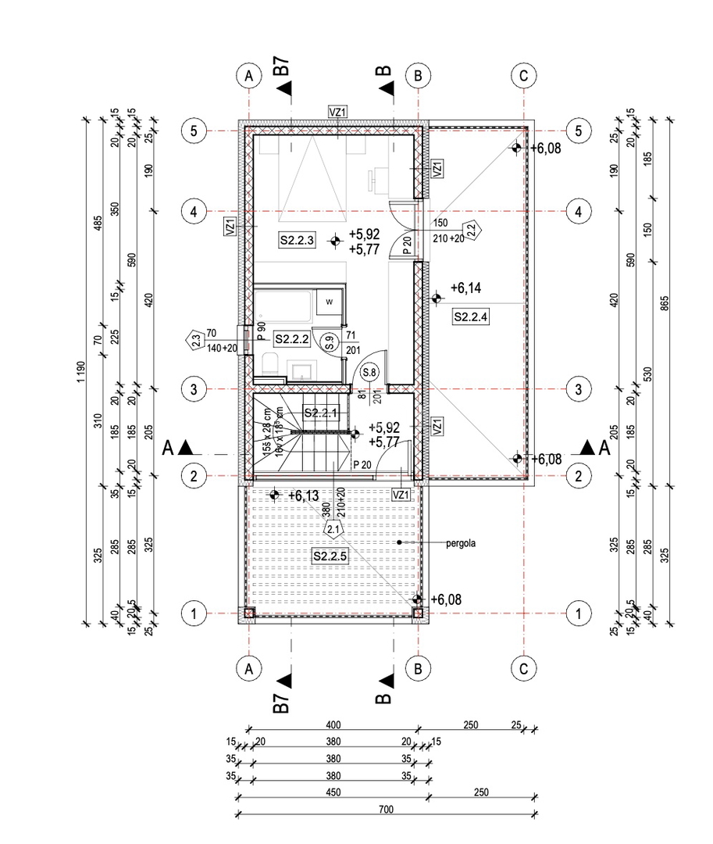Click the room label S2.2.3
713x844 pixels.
(297, 241)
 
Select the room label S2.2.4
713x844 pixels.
(470, 316)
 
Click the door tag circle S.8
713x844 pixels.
(368, 373)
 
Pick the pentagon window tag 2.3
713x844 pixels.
(195, 339)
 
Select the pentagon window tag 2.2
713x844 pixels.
(472, 229)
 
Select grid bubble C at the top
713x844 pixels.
(522, 76)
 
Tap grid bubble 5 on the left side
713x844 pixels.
(193, 131)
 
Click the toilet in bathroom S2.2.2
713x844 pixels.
(269, 364)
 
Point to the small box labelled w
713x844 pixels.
(329, 302)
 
